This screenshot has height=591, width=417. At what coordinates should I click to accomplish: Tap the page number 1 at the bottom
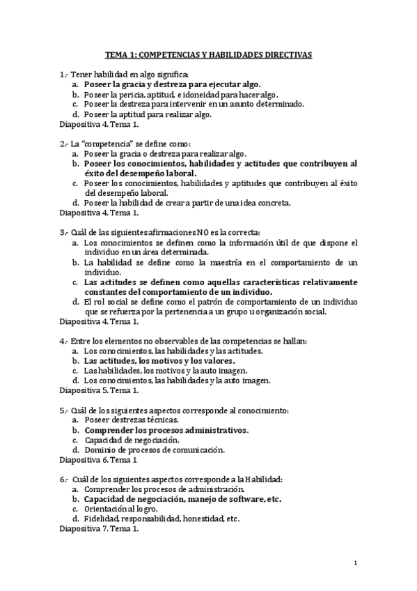[x=356, y=563]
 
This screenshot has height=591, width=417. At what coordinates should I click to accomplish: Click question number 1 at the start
[x=64, y=73]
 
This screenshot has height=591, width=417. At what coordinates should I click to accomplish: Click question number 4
[x=64, y=341]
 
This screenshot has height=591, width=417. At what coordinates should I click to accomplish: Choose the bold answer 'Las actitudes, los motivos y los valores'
[x=159, y=361]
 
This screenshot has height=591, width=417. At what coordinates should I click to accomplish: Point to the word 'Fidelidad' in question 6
[x=100, y=519]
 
